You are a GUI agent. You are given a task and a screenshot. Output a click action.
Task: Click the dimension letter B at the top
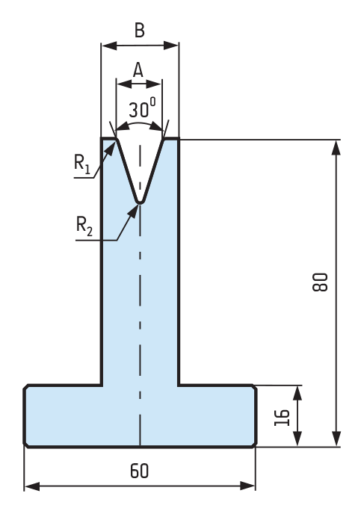pos(139,31)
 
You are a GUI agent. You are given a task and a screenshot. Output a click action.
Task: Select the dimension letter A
pos(138,69)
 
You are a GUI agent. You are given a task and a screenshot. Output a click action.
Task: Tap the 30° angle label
pos(142,108)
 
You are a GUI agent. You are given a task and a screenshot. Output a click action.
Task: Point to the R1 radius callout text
pos(82,164)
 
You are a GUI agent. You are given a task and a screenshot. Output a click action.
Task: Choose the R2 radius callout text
pos(84,226)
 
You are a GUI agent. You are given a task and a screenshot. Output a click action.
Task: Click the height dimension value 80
pos(320,282)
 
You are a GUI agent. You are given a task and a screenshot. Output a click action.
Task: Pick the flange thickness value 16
pos(283,418)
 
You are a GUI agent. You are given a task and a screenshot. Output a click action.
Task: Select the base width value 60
pos(139,471)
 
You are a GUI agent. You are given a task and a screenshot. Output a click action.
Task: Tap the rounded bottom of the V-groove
pos(140,201)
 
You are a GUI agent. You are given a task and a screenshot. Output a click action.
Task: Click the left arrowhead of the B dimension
pos(109,46)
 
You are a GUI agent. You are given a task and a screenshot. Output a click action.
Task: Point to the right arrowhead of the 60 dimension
pos(247,486)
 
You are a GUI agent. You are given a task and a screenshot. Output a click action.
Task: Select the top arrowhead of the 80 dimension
pos(336,148)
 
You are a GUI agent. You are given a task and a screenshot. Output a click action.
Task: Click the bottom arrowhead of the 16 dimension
pos(297,439)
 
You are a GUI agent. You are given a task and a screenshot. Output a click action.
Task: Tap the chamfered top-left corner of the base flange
pos(26,387)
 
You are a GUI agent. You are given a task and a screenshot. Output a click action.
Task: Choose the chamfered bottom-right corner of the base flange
pos(254,445)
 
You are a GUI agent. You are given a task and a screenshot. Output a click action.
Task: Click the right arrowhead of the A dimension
pos(154,84)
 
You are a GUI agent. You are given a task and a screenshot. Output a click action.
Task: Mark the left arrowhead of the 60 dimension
pos(32,486)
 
